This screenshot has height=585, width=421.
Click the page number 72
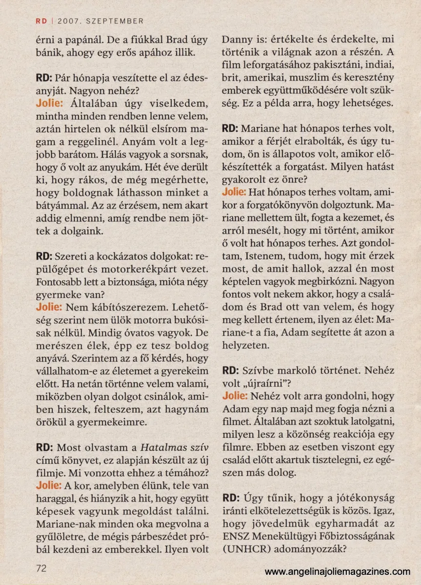coord(41,568)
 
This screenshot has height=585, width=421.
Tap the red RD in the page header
coord(41,21)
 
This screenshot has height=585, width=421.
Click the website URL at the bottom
coord(338,571)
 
